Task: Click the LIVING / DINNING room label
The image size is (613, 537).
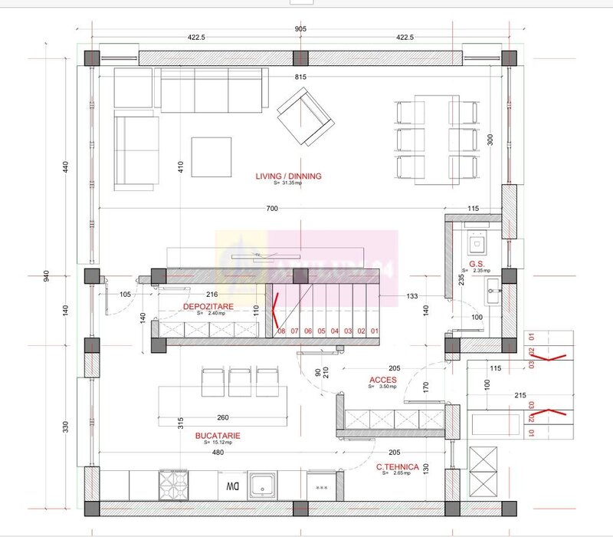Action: point(288,176)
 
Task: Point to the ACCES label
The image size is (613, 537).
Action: point(382,380)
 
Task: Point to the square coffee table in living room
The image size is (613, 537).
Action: point(211,157)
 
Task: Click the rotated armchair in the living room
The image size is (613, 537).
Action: point(306,116)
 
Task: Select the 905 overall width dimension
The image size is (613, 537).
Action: point(300,29)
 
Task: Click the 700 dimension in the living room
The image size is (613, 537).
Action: point(273,209)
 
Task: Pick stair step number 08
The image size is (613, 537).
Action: point(281,331)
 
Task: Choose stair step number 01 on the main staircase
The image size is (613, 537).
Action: point(375,331)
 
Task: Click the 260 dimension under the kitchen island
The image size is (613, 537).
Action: point(222,418)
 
